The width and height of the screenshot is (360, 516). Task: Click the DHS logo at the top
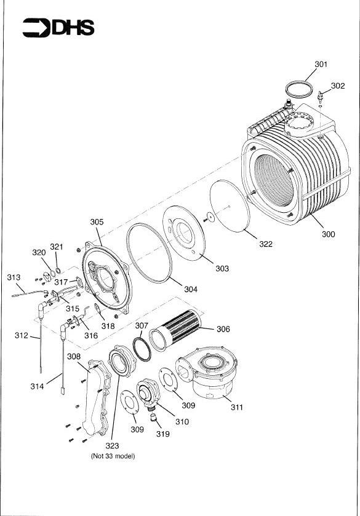pos(58,27)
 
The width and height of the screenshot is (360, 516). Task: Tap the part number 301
pos(321,64)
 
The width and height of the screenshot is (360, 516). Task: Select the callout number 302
pos(338,86)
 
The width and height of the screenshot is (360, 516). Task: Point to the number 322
pos(265,244)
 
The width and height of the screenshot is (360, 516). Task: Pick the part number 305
pos(97,222)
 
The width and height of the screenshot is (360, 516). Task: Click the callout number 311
pos(236,407)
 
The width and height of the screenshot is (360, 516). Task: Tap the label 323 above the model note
pos(112,445)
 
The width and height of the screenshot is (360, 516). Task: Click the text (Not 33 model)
pos(112,456)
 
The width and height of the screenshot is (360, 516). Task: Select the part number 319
pos(162,434)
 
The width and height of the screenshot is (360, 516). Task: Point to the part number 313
pos(14,277)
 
